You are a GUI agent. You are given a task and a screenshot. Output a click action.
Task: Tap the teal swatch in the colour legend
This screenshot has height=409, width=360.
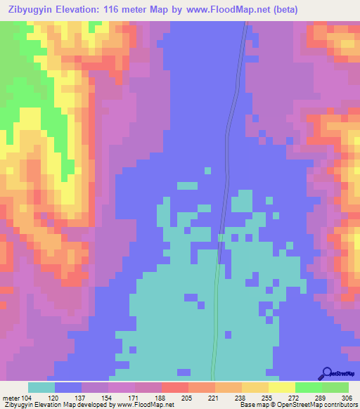pyautogui.click(x=41, y=387)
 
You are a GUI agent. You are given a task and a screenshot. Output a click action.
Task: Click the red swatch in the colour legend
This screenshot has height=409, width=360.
pyautogui.click(x=175, y=387)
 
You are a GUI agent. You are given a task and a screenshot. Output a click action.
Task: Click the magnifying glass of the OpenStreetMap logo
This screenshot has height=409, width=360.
pyautogui.click(x=326, y=373)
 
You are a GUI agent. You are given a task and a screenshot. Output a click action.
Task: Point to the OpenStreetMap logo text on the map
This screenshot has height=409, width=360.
pyautogui.click(x=342, y=374)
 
